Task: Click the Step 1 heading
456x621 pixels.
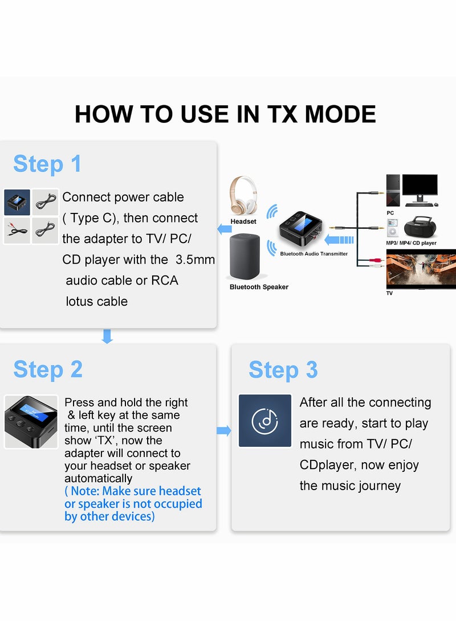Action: (47, 164)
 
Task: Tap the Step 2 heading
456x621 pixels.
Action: (48, 369)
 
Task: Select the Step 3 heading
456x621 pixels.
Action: (283, 370)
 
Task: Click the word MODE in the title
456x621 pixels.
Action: (340, 114)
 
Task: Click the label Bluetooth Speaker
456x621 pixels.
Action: (259, 287)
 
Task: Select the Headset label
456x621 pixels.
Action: (243, 221)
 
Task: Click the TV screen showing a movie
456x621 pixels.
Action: (421, 270)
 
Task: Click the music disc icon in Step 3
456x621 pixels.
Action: (265, 421)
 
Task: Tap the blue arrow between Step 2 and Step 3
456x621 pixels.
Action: (224, 431)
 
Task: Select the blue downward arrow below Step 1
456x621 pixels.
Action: (107, 336)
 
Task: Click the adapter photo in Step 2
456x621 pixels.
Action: (31, 421)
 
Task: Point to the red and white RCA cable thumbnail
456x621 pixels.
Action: (17, 231)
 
